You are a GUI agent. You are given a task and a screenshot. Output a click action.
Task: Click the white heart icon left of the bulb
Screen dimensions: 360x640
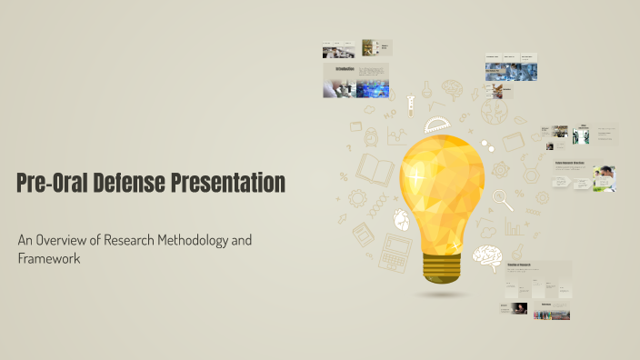(x=401, y=220)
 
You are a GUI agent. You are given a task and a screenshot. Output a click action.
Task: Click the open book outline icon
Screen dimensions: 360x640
(x=374, y=169)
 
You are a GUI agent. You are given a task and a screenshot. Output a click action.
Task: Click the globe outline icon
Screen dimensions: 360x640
(x=495, y=112)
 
